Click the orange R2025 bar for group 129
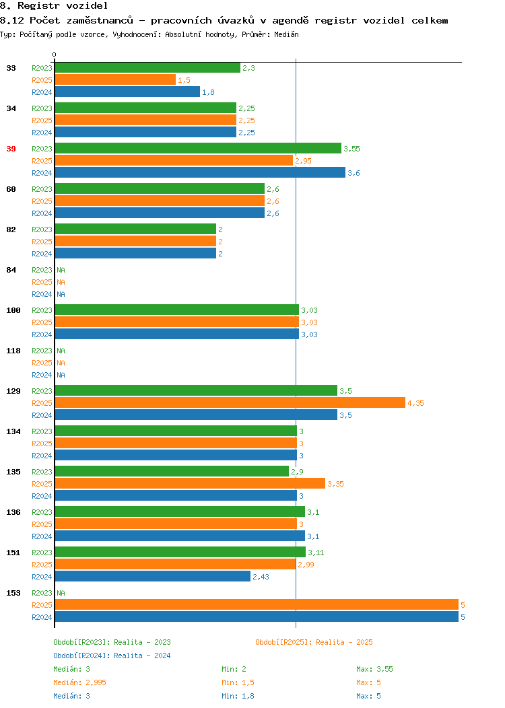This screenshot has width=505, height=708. pyautogui.click(x=230, y=402)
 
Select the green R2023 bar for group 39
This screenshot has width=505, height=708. pyautogui.click(x=198, y=149)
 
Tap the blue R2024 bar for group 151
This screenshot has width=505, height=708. pyautogui.click(x=153, y=577)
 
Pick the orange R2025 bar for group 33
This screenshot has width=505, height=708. pyautogui.click(x=115, y=80)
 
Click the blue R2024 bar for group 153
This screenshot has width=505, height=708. pyautogui.click(x=257, y=616)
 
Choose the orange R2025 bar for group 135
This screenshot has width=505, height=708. pyautogui.click(x=190, y=484)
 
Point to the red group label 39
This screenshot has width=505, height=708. pyautogui.click(x=11, y=149)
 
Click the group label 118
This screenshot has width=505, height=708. pyautogui.click(x=13, y=351)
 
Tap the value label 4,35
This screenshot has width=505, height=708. pyautogui.click(x=415, y=403)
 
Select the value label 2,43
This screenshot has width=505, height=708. pyautogui.click(x=261, y=577)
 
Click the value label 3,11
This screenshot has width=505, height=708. pyautogui.click(x=316, y=553)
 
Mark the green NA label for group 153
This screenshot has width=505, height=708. pyautogui.click(x=61, y=593)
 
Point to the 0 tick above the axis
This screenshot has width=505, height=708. pyautogui.click(x=55, y=55)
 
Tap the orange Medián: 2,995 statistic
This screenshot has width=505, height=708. pyautogui.click(x=79, y=682)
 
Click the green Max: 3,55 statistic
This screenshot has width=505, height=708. pyautogui.click(x=374, y=669)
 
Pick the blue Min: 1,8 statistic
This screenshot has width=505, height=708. pyautogui.click(x=238, y=696)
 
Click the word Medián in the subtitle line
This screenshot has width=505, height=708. pyautogui.click(x=286, y=34)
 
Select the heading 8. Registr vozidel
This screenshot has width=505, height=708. pyautogui.click(x=54, y=6)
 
